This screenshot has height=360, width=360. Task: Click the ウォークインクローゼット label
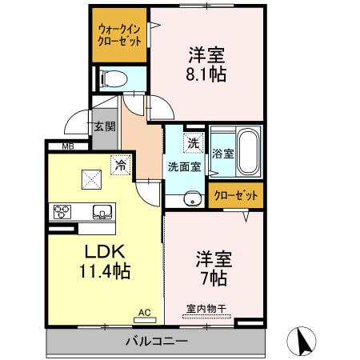tap(118, 34)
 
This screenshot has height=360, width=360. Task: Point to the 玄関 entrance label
tap(104, 126)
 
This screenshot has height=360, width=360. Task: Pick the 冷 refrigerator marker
tap(120, 166)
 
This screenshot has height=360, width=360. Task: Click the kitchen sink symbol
tap(102, 212)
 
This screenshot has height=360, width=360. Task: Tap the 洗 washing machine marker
tap(193, 144)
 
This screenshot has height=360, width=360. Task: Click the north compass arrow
tap(305, 342)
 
